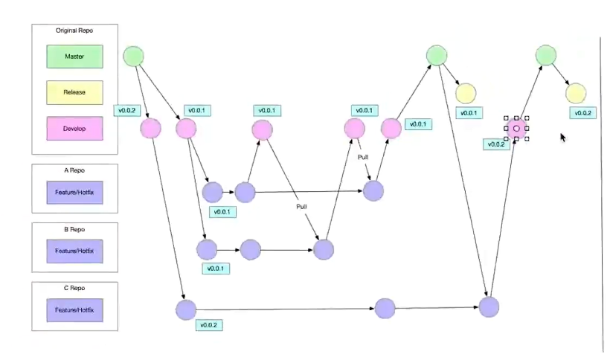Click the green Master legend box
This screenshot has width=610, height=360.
click(74, 57)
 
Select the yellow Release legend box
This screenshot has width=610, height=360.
click(74, 92)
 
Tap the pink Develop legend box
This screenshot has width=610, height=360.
click(74, 129)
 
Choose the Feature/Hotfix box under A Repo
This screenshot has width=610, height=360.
click(74, 193)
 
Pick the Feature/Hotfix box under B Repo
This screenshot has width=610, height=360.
click(74, 251)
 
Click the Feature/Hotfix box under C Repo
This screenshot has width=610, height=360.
click(74, 309)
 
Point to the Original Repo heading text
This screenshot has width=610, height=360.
click(74, 31)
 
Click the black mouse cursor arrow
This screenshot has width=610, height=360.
click(563, 137)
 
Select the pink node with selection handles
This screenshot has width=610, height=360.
click(516, 128)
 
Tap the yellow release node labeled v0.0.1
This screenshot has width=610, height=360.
click(466, 93)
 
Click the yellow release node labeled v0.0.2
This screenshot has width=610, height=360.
click(576, 93)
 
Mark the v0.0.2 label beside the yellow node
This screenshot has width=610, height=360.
click(582, 113)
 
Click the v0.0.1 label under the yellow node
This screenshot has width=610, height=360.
click(470, 113)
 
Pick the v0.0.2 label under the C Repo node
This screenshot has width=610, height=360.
click(209, 325)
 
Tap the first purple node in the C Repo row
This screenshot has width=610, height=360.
click(185, 309)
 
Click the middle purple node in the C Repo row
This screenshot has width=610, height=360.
click(385, 308)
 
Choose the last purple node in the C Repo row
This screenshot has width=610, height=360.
click(488, 306)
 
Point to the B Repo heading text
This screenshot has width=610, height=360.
click(74, 230)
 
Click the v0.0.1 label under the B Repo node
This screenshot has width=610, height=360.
click(215, 267)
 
